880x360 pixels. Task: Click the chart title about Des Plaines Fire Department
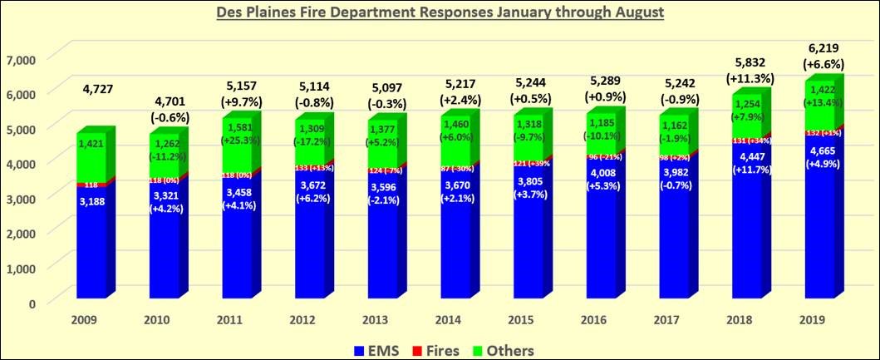pos(440,14)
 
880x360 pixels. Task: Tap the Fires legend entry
pos(440,350)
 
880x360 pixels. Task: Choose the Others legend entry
pos(504,350)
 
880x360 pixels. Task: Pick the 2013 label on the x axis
pos(378,320)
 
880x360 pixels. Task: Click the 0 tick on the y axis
pos(32,303)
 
